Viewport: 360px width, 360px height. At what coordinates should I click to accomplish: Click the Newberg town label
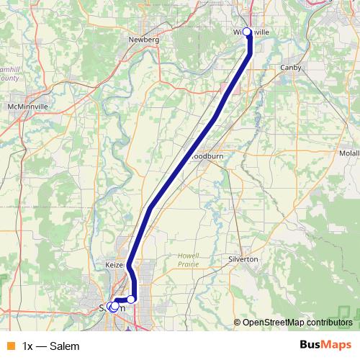click(x=143, y=40)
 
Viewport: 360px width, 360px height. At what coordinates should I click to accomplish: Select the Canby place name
click(x=293, y=68)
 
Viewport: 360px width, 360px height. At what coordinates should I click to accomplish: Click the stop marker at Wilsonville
click(x=247, y=32)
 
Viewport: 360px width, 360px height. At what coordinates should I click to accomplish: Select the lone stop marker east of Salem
click(x=131, y=299)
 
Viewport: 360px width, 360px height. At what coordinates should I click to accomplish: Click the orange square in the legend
click(x=9, y=346)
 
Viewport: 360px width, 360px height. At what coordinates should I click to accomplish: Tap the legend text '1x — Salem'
click(x=50, y=346)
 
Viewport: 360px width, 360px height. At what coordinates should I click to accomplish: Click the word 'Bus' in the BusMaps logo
click(x=311, y=346)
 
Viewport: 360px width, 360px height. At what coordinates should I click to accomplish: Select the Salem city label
click(x=104, y=307)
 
